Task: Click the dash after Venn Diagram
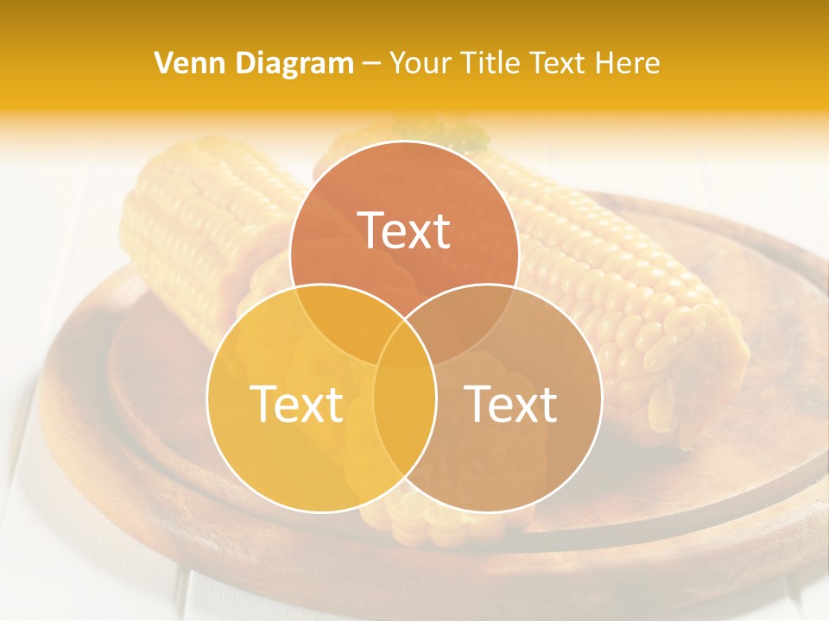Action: [372, 64]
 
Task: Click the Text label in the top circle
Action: [404, 231]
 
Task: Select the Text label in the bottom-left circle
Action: [296, 404]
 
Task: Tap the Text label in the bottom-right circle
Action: [511, 404]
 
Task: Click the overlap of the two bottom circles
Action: [404, 423]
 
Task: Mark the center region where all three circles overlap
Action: [404, 345]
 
